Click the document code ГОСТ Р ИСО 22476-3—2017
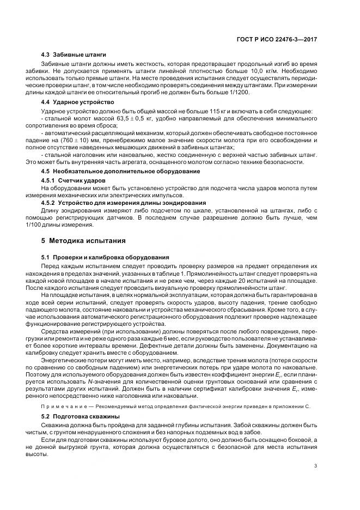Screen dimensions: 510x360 coord(282,39)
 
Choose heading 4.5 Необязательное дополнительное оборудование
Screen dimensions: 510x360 coord(120,172)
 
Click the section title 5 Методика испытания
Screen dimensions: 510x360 coord(84,240)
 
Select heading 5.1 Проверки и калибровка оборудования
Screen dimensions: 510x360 coord(105,257)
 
